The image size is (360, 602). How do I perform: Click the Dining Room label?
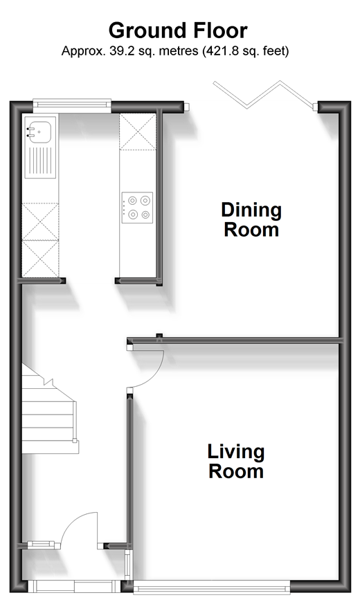251,219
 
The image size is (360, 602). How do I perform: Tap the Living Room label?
236,461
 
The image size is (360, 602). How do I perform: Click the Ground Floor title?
178,30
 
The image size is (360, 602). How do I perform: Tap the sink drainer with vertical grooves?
40,161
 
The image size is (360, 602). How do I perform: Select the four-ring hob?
137,208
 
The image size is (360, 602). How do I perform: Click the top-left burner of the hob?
132,201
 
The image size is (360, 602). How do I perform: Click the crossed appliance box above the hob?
138,131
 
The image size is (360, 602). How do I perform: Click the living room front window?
211,587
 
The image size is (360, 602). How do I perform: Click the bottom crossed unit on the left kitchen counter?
40,258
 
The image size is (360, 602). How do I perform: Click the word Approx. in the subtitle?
83,51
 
